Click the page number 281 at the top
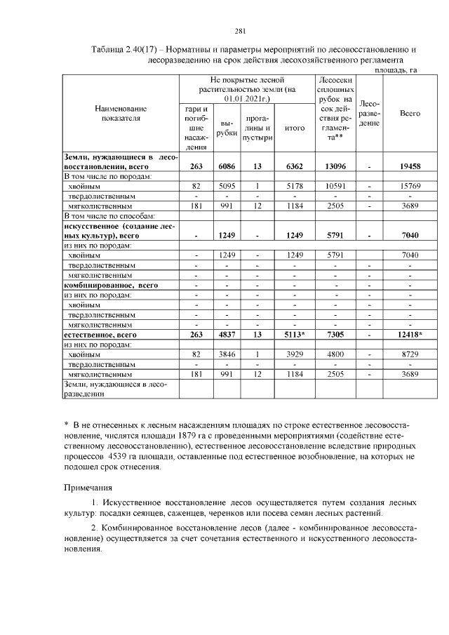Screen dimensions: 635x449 239,30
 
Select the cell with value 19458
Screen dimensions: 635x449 409,167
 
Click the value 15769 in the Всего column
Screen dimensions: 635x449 409,187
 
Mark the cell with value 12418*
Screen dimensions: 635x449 409,335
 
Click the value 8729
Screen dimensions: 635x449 409,355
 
